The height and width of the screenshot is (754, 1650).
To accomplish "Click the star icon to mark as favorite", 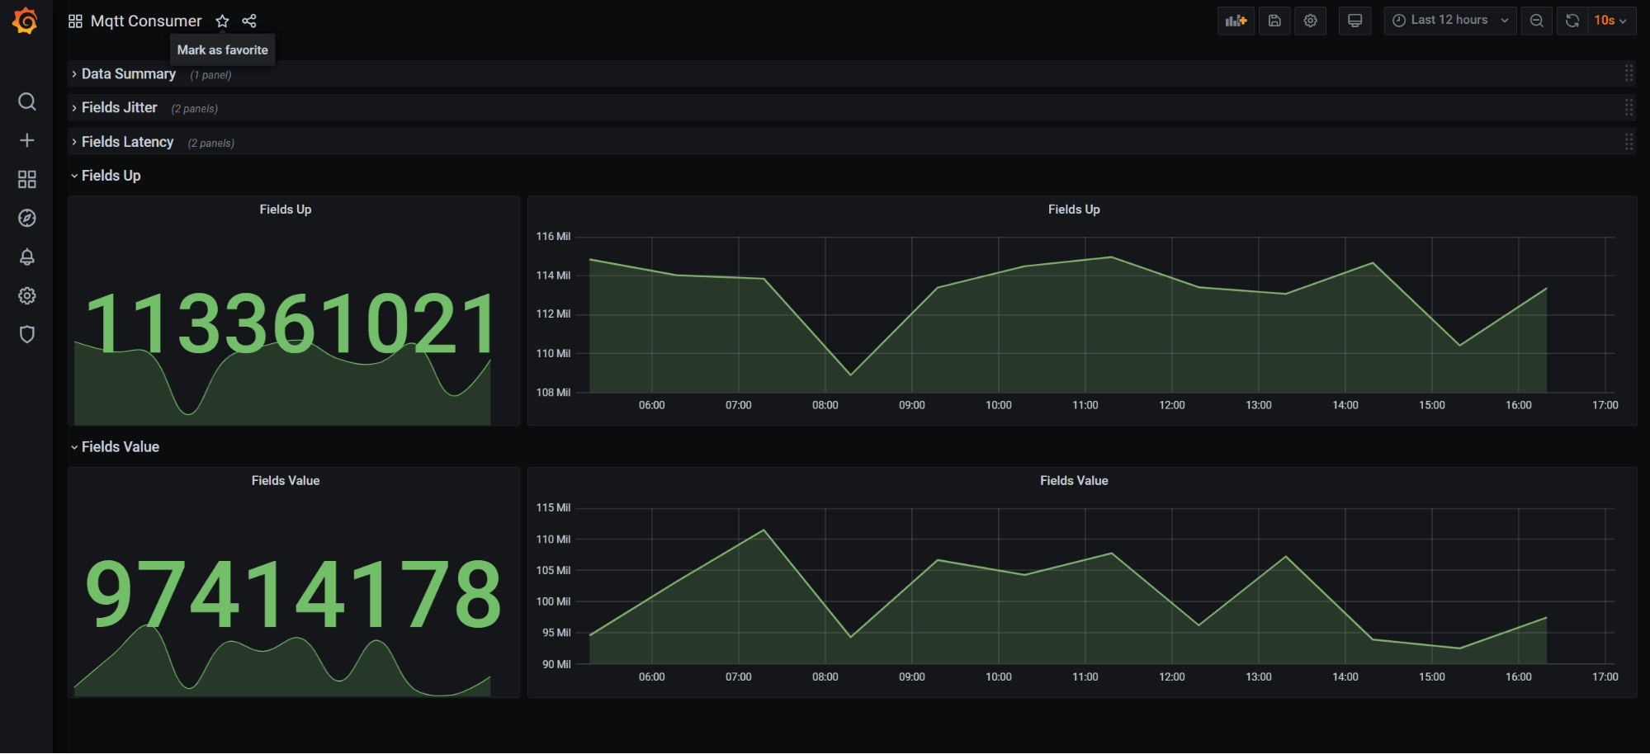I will (x=222, y=21).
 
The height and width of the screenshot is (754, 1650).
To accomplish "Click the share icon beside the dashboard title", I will (x=249, y=21).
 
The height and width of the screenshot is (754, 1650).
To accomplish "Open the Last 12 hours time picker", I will (x=1449, y=21).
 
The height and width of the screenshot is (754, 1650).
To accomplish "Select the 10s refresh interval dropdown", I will (x=1610, y=21).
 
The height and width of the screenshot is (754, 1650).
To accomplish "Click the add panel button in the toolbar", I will (x=1236, y=21).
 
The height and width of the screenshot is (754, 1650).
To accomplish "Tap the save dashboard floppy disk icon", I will (x=1274, y=21).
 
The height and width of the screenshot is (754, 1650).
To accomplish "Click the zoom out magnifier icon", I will (x=1536, y=21).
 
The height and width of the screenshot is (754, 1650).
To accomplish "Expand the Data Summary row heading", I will (x=128, y=74).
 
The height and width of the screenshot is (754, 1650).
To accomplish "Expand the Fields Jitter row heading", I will (x=119, y=108).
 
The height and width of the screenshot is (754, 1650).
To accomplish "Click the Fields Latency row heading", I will (x=127, y=142).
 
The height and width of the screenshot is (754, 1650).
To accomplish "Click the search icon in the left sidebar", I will (x=27, y=101).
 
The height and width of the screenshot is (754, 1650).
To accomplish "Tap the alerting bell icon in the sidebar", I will (x=27, y=257).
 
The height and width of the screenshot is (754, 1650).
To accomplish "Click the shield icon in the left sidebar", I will (x=27, y=334).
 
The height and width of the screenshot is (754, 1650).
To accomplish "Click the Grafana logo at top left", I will (x=26, y=21).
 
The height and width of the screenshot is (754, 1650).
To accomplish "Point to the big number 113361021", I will (x=291, y=324).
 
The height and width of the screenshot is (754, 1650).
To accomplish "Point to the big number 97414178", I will (x=293, y=594).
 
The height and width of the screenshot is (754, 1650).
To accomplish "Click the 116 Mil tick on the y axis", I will (x=553, y=237).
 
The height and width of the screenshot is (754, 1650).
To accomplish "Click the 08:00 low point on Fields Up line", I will (x=851, y=375).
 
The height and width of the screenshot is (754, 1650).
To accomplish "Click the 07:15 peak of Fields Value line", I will (x=764, y=530).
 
